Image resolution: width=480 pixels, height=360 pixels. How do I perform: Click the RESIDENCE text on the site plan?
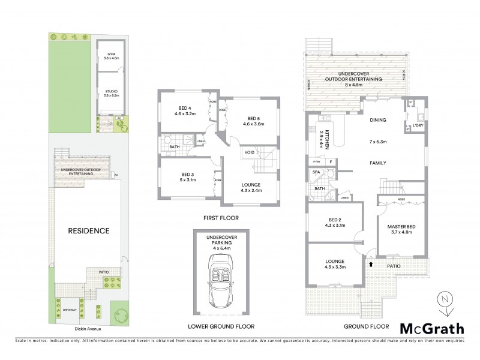point(88,230)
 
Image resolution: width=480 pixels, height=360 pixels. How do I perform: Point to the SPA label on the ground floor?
point(316,173)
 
